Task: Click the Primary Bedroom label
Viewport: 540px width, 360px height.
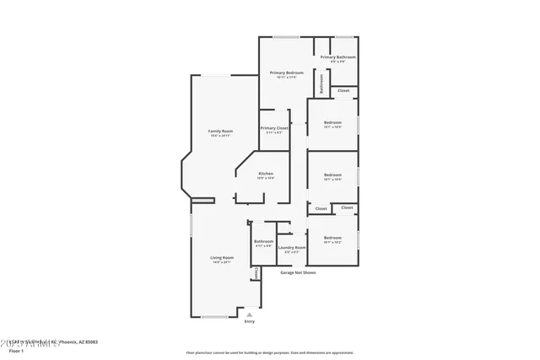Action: [x=287, y=73]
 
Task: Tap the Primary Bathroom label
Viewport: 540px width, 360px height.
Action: [x=337, y=56]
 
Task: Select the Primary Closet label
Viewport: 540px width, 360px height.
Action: [x=274, y=127]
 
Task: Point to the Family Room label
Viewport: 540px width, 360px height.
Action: [x=221, y=131]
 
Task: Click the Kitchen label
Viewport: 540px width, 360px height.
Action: [x=266, y=173]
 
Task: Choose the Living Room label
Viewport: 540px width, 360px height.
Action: [x=222, y=257]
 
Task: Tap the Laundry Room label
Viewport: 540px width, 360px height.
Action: [x=292, y=247]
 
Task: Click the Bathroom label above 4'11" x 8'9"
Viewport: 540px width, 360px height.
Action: [x=263, y=241]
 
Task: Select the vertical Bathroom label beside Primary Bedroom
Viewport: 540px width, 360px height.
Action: [x=321, y=84]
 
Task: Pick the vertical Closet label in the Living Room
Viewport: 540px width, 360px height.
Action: [x=256, y=273]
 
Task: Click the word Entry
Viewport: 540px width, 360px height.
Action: [x=249, y=321]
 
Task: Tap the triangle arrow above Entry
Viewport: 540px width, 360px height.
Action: [x=249, y=314]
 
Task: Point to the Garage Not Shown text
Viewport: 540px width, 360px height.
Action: [x=299, y=272]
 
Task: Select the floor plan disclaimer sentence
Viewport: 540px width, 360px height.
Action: [x=269, y=352]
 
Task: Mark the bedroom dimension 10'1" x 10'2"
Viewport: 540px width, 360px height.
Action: [x=332, y=242]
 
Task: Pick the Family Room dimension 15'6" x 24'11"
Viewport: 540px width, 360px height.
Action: [x=221, y=136]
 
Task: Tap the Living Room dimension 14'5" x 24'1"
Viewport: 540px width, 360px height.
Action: [x=222, y=262]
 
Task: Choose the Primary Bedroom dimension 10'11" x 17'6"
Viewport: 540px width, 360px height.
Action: [x=287, y=78]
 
